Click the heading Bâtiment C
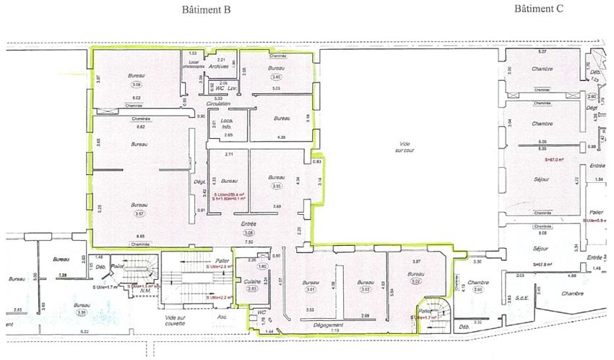pos(538,9)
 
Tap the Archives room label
pos(219,66)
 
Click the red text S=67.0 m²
pos(555,160)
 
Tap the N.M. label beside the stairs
pos(146,291)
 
